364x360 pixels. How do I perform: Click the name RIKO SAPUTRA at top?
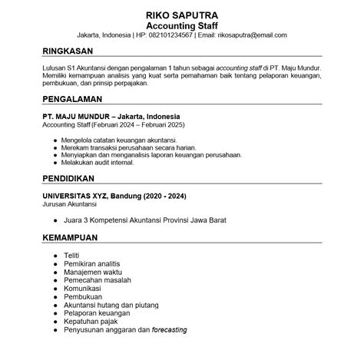click(x=181, y=15)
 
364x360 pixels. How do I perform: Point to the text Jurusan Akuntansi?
click(x=74, y=204)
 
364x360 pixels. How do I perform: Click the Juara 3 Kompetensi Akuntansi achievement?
click(x=145, y=220)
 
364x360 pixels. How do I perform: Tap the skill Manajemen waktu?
click(x=91, y=272)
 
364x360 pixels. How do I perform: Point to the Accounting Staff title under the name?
click(x=181, y=25)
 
